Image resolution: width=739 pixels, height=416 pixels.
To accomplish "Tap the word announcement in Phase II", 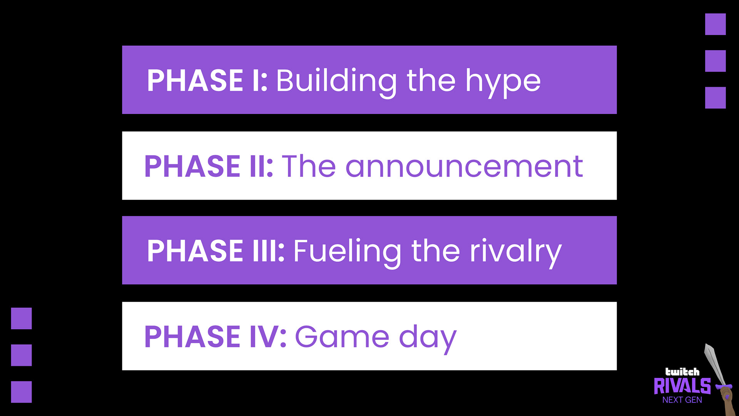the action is pyautogui.click(x=464, y=166).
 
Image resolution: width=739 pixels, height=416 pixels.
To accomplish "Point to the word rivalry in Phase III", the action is pyautogui.click(x=516, y=252).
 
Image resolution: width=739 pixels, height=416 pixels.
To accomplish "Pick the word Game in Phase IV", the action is pyautogui.click(x=342, y=337).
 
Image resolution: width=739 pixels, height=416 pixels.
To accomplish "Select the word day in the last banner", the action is pyautogui.click(x=428, y=338).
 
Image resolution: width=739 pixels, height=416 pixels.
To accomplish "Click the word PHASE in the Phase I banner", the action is pyautogui.click(x=195, y=81).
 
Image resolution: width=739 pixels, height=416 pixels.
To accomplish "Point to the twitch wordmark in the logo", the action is pyautogui.click(x=682, y=372).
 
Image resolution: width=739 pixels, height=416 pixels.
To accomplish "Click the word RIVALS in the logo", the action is pyautogui.click(x=682, y=386).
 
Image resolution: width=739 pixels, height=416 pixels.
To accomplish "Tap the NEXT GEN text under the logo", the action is pyautogui.click(x=682, y=400).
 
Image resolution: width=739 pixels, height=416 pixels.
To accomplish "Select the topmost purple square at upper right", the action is pyautogui.click(x=716, y=24).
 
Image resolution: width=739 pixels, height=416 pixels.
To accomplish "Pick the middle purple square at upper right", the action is pyautogui.click(x=716, y=61).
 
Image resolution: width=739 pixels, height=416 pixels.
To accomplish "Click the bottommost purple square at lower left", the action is pyautogui.click(x=21, y=392).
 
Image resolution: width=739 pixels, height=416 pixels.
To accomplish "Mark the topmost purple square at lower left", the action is pyautogui.click(x=21, y=319).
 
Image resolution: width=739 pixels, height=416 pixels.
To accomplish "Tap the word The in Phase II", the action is pyautogui.click(x=309, y=166).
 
